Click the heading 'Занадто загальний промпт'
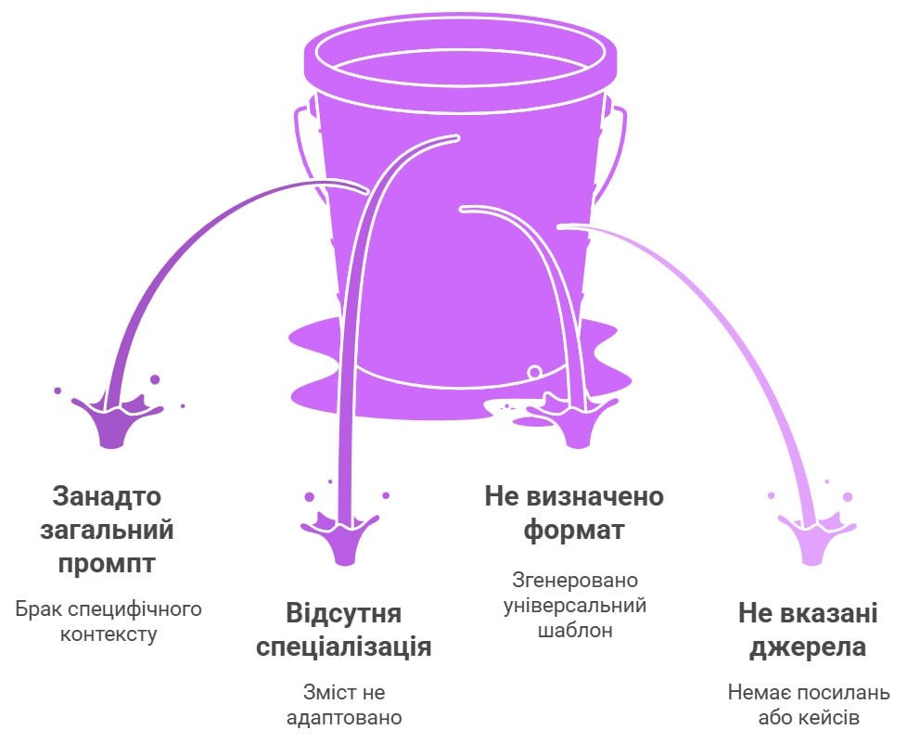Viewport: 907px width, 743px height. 107,530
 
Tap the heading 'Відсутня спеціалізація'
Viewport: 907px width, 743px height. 343,630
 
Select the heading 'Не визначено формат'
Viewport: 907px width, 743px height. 574,513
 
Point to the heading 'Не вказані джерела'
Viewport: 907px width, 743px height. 808,630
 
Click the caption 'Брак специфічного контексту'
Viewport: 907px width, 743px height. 109,621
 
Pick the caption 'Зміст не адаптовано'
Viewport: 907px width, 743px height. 343,705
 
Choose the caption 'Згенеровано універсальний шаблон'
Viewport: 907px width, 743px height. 574,605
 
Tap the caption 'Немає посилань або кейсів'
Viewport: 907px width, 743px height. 809,705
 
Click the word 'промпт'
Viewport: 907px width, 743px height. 107,564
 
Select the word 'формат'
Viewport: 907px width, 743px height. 574,531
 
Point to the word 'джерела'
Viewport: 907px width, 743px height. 808,647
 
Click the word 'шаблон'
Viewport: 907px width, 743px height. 574,630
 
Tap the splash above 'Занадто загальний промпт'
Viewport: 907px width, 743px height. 116,417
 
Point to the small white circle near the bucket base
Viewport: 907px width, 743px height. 535,371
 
